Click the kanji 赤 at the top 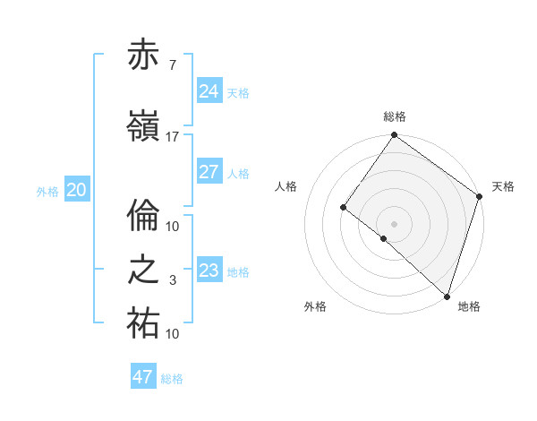click(x=144, y=56)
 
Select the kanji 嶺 click(x=144, y=125)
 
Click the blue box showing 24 click(x=209, y=90)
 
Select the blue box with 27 click(x=209, y=172)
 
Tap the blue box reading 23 click(x=209, y=270)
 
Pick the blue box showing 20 click(x=77, y=189)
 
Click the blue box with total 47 click(x=143, y=377)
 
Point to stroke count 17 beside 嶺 click(x=173, y=136)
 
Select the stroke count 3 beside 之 click(x=172, y=280)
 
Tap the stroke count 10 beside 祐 click(x=173, y=334)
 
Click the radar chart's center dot click(x=394, y=223)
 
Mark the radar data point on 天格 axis click(x=479, y=196)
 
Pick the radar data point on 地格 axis click(x=447, y=296)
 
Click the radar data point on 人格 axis click(x=344, y=208)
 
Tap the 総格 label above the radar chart click(x=394, y=116)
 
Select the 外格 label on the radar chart click(x=315, y=306)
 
